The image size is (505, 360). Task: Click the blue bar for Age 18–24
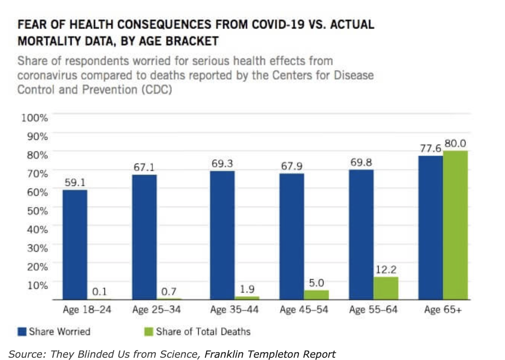pyautogui.click(x=75, y=244)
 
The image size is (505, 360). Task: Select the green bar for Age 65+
pyautogui.click(x=455, y=225)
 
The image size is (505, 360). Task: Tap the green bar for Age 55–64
pyautogui.click(x=386, y=288)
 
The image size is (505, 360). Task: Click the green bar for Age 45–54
pyautogui.click(x=316, y=295)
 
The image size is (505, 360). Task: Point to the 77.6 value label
pyautogui.click(x=431, y=149)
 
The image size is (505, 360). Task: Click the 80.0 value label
pyautogui.click(x=455, y=144)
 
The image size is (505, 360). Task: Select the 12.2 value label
pyautogui.click(x=386, y=270)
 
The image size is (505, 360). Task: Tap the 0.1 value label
pyautogui.click(x=99, y=292)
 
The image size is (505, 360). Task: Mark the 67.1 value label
pyautogui.click(x=144, y=167)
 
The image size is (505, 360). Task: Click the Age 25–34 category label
pyautogui.click(x=156, y=310)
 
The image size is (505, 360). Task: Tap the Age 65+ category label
pyautogui.click(x=443, y=310)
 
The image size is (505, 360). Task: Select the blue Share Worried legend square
pyautogui.click(x=22, y=332)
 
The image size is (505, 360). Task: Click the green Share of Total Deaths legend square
pyautogui.click(x=149, y=332)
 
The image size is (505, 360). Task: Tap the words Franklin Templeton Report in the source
pyautogui.click(x=270, y=354)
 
